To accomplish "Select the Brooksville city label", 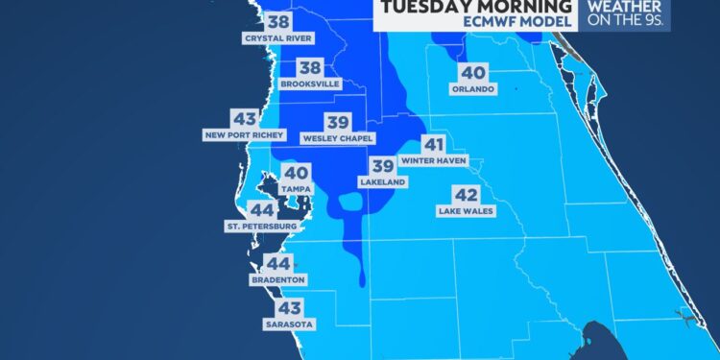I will [311, 84].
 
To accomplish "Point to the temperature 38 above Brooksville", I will [310, 67].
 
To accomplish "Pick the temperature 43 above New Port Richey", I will [244, 119].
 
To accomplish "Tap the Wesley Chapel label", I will [337, 138].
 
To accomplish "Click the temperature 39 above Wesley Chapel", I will [337, 122].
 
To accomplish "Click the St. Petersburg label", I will [261, 227].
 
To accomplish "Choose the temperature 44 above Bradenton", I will [277, 263].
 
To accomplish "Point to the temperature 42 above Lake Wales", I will [466, 196].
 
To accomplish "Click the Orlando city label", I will [472, 89].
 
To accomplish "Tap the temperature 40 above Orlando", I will [472, 72].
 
